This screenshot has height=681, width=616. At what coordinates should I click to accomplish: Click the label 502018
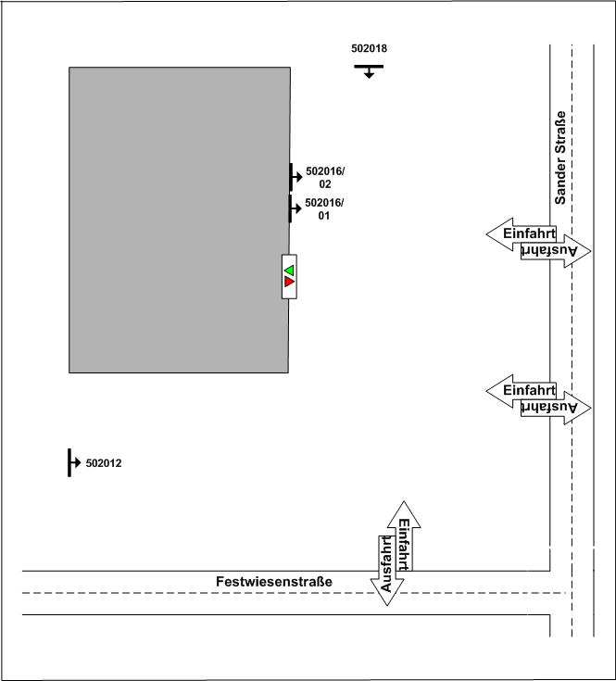tap(369, 48)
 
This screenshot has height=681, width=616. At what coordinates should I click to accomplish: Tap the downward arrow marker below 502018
tap(369, 70)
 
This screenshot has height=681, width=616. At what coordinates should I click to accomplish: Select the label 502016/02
tap(324, 178)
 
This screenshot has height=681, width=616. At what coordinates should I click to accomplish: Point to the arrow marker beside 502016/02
tap(295, 176)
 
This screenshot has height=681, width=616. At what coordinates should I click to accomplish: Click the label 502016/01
tap(324, 209)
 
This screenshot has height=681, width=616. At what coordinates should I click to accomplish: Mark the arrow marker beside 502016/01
tap(295, 209)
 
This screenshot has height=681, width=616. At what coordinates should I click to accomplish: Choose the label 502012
tap(103, 463)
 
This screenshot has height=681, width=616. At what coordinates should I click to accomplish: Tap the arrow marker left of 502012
tap(72, 462)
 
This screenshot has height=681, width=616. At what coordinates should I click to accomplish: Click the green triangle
tap(289, 269)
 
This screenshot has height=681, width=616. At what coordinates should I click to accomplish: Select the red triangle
tap(289, 282)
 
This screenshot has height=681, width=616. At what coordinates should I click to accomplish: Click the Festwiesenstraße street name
tap(273, 582)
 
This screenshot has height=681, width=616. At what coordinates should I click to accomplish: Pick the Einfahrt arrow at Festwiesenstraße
tap(404, 537)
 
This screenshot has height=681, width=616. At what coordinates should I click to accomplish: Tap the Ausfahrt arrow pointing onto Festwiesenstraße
tap(387, 570)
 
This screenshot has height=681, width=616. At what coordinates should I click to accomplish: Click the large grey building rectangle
tap(179, 220)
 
